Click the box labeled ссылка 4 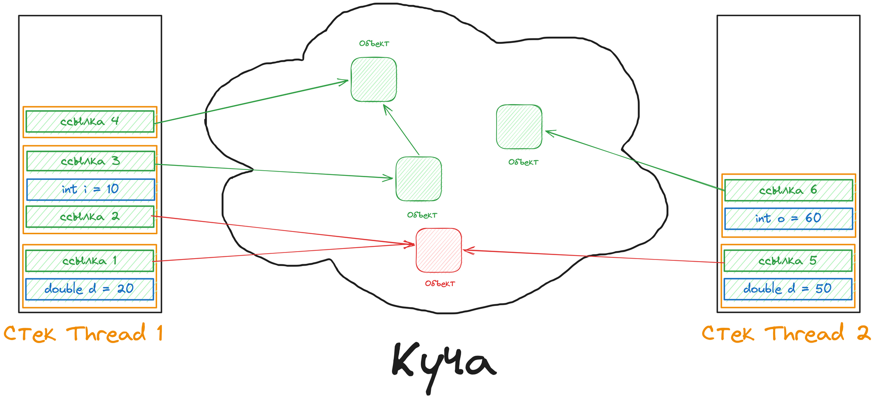[x=90, y=122]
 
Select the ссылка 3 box [x=91, y=161]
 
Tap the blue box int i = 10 [x=91, y=189]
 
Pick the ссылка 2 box [x=90, y=217]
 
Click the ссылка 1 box [x=89, y=261]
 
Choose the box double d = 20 [x=89, y=289]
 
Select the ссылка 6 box [x=788, y=190]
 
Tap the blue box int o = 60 [x=788, y=218]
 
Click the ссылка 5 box [x=787, y=261]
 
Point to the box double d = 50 [x=787, y=289]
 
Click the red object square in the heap [x=438, y=250]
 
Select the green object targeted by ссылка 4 [x=374, y=80]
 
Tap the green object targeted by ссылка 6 [x=519, y=127]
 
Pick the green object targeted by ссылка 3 [x=419, y=179]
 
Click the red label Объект [x=440, y=284]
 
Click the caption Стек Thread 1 [x=83, y=334]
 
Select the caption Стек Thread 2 [x=786, y=334]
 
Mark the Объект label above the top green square [x=374, y=44]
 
